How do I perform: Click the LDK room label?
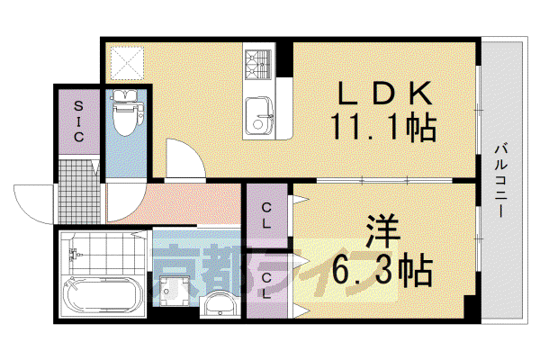385,93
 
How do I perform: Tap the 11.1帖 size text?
383,127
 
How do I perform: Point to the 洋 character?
382,231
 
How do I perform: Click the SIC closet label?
78,121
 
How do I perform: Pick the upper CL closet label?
266,216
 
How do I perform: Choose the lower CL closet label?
266,285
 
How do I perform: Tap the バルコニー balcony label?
501,182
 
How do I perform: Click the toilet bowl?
126,113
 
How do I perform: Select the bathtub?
103,295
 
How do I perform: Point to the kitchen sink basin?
259,116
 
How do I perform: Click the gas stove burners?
258,64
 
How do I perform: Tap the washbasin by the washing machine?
219,304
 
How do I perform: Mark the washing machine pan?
174,292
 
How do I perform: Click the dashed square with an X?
127,63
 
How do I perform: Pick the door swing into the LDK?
185,158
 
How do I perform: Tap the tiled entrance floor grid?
79,191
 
